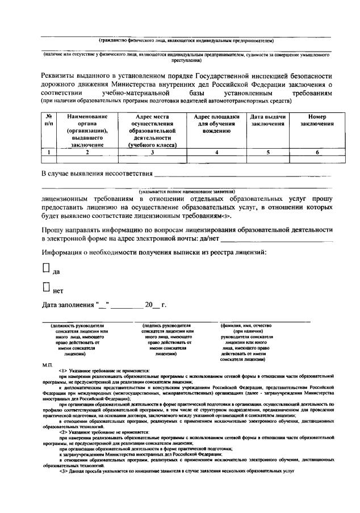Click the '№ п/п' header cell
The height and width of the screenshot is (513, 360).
[49, 120]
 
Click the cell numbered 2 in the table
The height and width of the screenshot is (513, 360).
[87, 152]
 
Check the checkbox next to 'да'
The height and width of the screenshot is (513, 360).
[46, 268]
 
